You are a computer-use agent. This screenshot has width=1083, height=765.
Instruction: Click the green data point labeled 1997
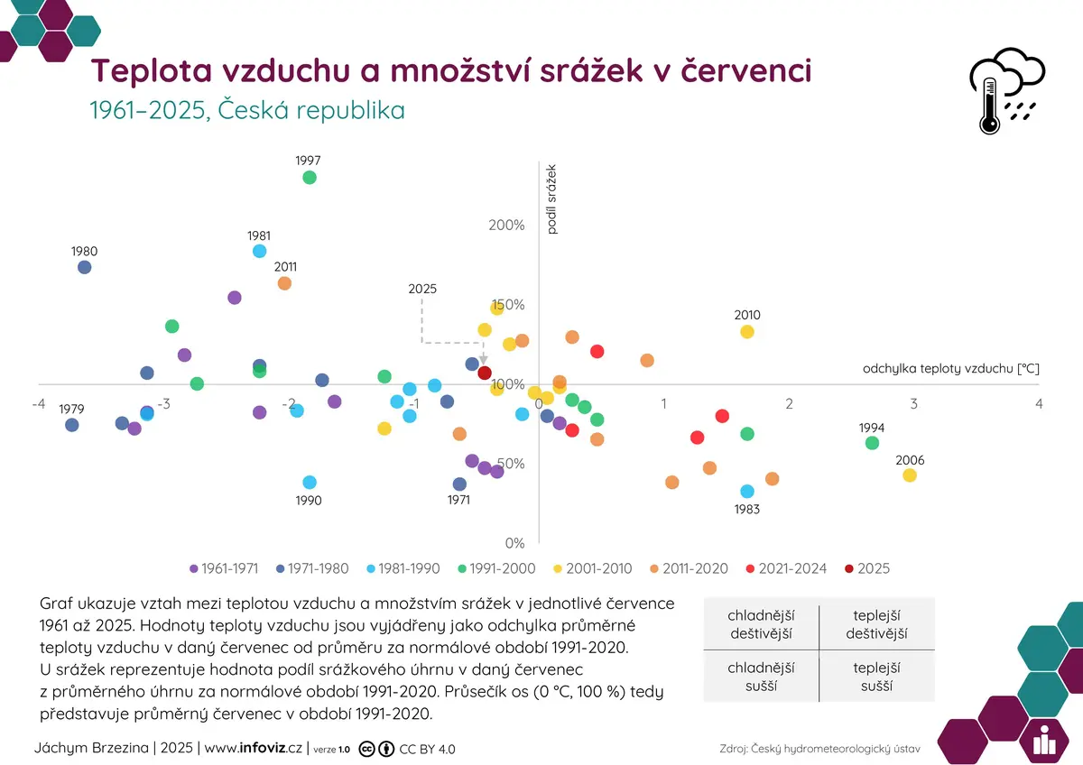(310, 178)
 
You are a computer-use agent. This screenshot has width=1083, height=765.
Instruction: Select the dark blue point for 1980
(85, 267)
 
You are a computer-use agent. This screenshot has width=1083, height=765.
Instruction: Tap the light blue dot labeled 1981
(260, 251)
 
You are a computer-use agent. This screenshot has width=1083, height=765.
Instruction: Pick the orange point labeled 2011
(285, 283)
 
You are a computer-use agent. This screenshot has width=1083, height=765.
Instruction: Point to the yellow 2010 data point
(747, 331)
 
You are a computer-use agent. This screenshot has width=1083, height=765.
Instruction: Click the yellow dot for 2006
(910, 475)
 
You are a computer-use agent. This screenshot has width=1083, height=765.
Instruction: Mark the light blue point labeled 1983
(747, 491)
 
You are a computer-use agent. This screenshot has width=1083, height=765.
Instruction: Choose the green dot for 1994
(872, 443)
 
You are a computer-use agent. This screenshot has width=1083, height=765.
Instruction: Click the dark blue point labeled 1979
(72, 425)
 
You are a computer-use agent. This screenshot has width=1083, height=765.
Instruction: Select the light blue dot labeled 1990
(310, 482)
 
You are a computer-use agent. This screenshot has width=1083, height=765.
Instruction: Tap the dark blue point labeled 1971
(459, 484)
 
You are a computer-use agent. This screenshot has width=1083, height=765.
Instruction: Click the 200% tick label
(506, 225)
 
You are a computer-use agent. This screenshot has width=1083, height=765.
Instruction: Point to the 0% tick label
(515, 543)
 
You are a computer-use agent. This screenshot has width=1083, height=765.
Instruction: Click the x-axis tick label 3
(913, 403)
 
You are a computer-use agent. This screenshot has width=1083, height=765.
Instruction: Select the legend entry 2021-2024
(787, 568)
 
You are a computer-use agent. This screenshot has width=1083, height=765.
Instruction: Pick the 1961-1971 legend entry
(225, 568)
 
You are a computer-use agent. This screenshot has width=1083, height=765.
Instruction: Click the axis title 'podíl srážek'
(551, 199)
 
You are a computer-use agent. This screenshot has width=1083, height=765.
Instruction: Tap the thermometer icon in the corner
(989, 106)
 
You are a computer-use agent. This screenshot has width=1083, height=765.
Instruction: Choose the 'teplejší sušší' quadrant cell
(876, 677)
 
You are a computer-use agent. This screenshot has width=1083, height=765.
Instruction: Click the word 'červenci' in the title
(746, 70)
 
